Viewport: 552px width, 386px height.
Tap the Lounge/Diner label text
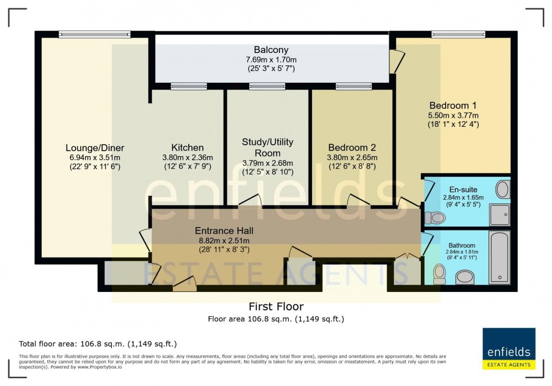click(95, 148)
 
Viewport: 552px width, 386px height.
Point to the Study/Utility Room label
click(268, 147)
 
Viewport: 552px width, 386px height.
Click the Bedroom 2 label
click(352, 148)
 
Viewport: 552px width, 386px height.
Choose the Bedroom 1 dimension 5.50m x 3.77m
click(453, 115)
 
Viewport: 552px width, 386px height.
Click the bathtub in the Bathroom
click(498, 256)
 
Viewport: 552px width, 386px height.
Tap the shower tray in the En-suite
click(499, 215)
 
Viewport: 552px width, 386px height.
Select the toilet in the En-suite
click(435, 217)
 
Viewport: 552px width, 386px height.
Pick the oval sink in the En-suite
click(502, 189)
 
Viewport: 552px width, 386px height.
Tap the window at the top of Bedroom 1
click(451, 34)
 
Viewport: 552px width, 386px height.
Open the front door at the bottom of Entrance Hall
click(184, 284)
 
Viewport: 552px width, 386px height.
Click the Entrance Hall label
click(224, 230)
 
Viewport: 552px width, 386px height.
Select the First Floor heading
click(276, 307)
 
